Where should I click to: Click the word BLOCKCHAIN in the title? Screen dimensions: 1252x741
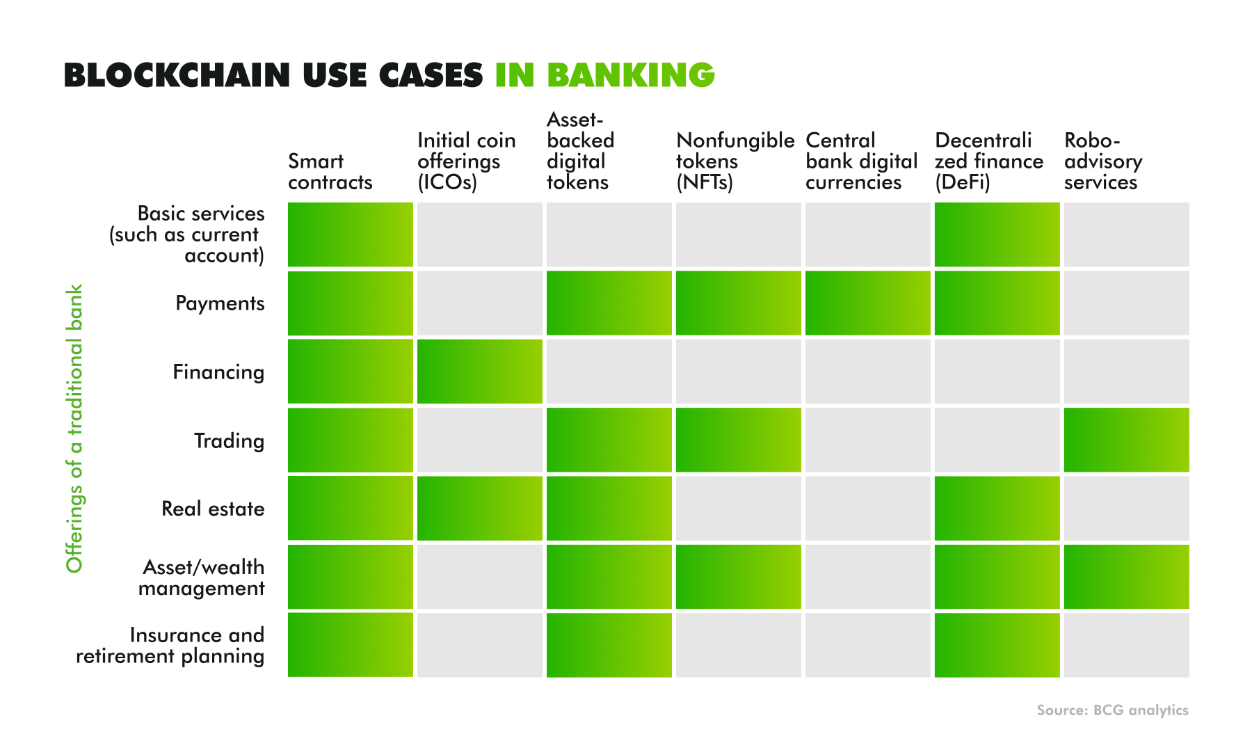177,75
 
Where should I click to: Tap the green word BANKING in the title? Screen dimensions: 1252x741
631,75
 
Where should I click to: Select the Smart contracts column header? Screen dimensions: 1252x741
330,172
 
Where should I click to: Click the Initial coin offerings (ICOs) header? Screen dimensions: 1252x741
467,161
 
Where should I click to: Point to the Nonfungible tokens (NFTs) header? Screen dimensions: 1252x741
735,161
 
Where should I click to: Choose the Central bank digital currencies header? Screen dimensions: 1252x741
862,161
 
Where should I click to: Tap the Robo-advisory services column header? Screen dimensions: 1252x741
1103,161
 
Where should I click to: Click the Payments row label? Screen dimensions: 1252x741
220,303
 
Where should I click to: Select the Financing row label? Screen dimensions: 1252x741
218,372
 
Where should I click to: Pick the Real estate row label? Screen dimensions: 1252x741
213,509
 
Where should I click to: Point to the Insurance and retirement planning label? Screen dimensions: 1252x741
170,646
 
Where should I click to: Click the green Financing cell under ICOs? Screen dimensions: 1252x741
480,372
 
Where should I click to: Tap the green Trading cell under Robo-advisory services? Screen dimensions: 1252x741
1127,440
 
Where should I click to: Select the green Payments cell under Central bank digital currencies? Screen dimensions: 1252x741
868,303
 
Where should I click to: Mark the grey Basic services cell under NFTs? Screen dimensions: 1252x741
739,234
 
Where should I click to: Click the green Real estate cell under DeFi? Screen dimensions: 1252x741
997,508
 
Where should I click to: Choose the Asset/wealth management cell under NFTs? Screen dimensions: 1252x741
739,577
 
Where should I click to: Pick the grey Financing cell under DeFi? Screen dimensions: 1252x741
997,372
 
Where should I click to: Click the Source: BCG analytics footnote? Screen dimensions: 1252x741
1113,710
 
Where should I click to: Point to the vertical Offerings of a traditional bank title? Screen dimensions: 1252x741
74,429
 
